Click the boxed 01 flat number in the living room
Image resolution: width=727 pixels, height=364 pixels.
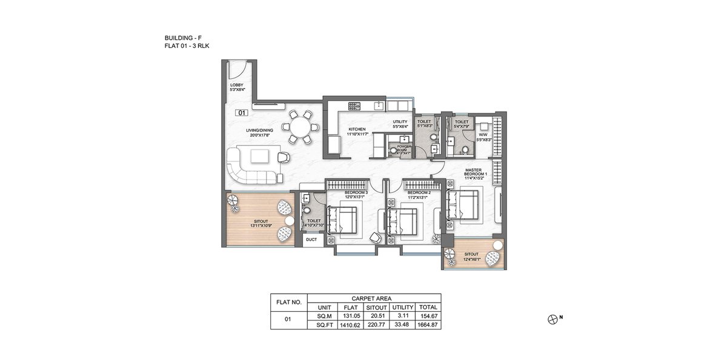pyautogui.click(x=242, y=112)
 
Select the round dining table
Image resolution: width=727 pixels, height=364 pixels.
pyautogui.click(x=300, y=127)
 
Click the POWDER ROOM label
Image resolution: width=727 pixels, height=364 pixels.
pyautogui.click(x=402, y=149)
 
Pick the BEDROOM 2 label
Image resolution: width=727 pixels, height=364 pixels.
pyautogui.click(x=418, y=195)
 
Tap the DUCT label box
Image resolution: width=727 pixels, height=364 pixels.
pyautogui.click(x=311, y=240)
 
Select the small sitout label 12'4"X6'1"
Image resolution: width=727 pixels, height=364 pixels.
pyautogui.click(x=472, y=257)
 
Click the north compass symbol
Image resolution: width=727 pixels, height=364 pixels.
pyautogui.click(x=552, y=318)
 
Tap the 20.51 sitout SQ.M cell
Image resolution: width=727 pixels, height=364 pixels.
pyautogui.click(x=376, y=315)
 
